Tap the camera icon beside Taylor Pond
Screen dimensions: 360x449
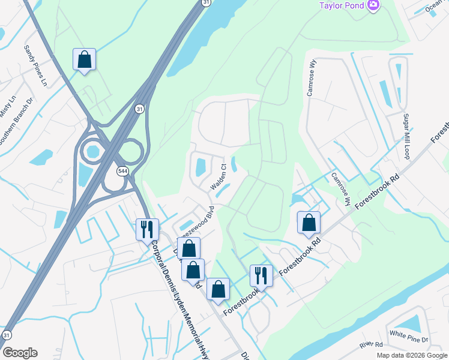(x=373, y=5)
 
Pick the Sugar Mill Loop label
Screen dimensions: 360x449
(x=407, y=136)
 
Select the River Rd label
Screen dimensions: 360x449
(x=371, y=345)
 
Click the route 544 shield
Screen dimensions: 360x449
(x=122, y=171)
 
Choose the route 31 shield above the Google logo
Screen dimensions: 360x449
(x=7, y=334)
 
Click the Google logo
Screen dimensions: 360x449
(x=20, y=353)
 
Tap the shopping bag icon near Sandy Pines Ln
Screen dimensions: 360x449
(x=85, y=59)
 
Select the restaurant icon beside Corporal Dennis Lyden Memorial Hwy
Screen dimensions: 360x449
(x=146, y=229)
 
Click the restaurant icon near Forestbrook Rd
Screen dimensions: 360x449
(x=261, y=275)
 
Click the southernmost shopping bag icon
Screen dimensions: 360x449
(x=218, y=289)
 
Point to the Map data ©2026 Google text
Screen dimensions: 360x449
(x=411, y=355)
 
